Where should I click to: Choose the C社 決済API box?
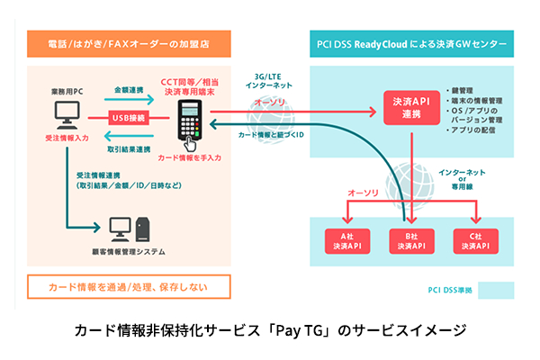click(x=478, y=238)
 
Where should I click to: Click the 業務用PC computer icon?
click(x=67, y=115)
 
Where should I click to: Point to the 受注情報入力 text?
click(x=66, y=140)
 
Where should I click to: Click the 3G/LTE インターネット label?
click(x=268, y=85)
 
